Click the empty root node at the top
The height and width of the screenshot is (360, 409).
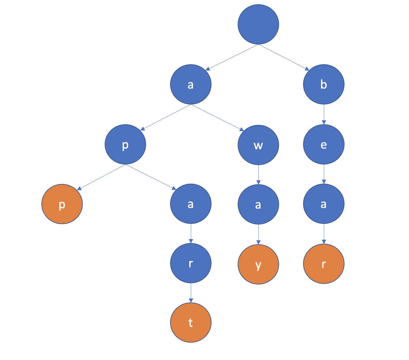(258, 24)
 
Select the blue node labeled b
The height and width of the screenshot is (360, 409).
(324, 84)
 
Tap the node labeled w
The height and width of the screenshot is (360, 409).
(258, 145)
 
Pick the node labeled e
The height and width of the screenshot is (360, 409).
(324, 144)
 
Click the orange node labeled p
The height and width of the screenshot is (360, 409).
(62, 204)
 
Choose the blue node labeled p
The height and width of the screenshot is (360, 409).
(125, 144)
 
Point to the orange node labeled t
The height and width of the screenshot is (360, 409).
(191, 323)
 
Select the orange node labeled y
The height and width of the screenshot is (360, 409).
(258, 264)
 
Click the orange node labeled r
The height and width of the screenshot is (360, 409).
(324, 264)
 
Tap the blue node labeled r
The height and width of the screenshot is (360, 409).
(191, 263)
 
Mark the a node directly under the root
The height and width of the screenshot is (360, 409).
(191, 84)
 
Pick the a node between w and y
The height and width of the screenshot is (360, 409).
(258, 204)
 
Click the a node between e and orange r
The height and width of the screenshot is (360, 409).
(324, 204)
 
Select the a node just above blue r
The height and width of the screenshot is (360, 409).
(191, 204)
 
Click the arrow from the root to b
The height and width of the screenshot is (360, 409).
(284, 57)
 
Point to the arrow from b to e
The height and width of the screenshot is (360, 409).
(324, 115)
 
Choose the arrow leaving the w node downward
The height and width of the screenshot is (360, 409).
(258, 175)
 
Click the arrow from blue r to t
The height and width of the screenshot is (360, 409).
(191, 293)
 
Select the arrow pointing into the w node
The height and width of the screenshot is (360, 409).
(218, 118)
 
